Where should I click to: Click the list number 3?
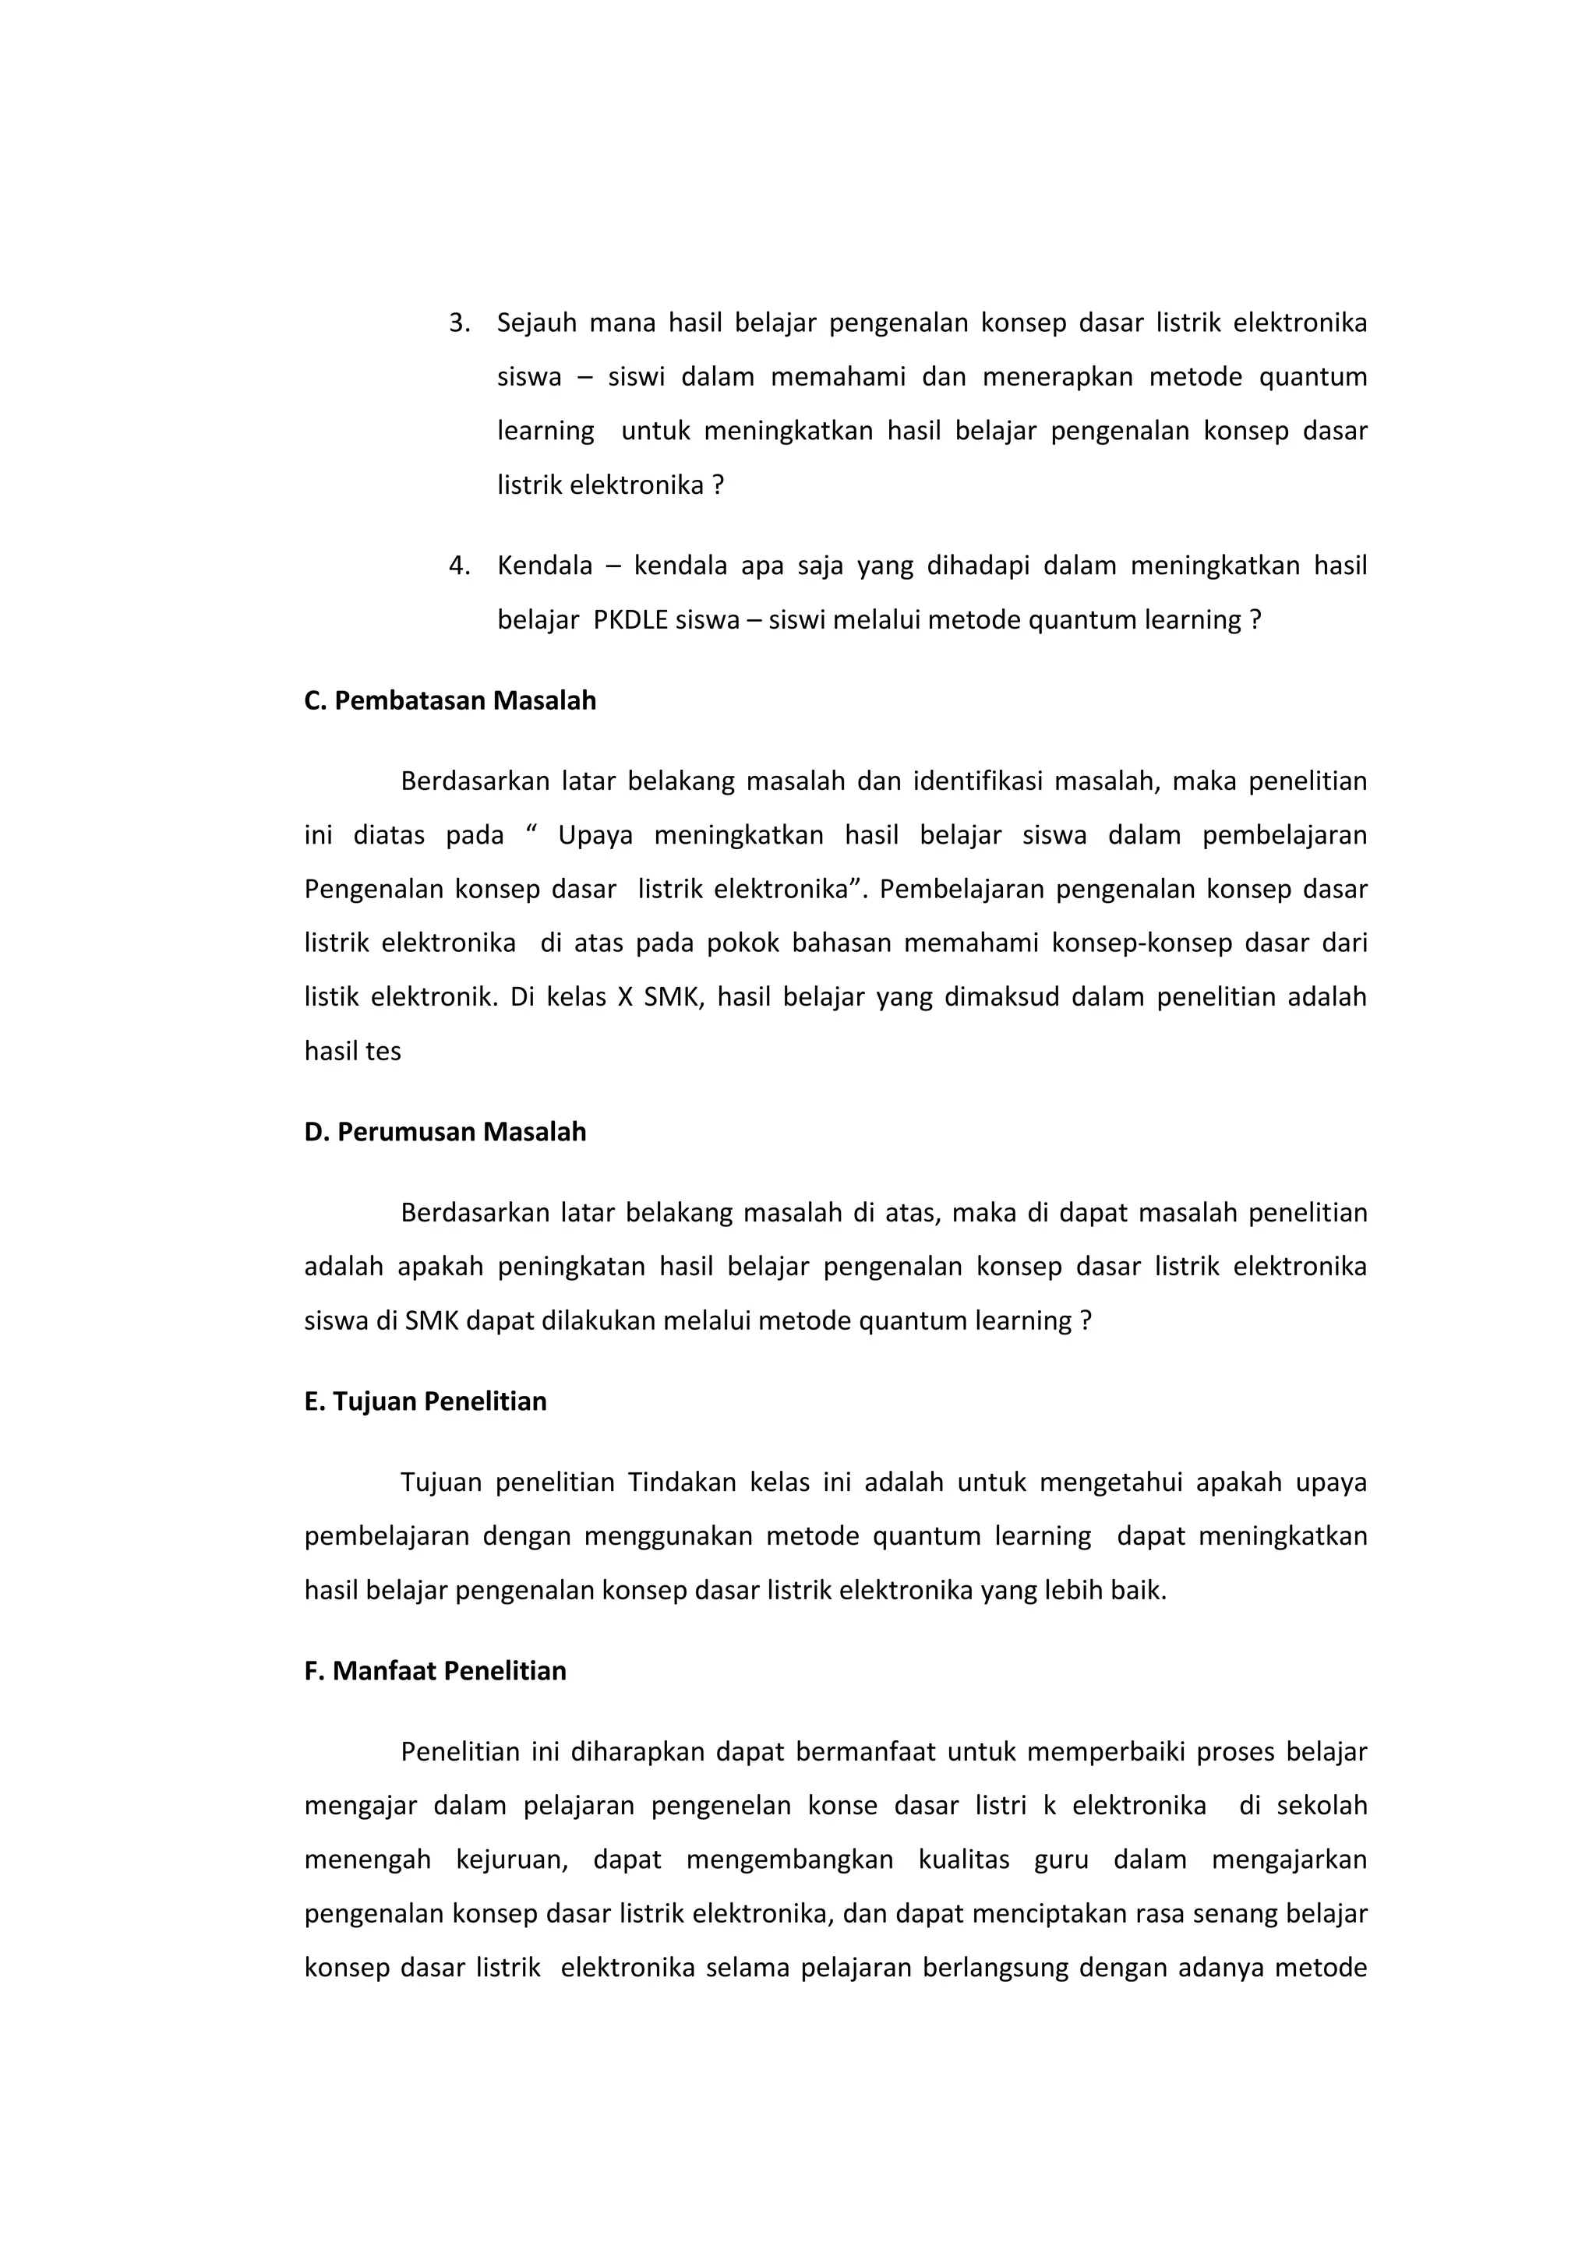pos(458,323)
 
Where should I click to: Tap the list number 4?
pos(458,566)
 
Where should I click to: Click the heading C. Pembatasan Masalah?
pos(450,700)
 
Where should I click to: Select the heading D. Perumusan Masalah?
pos(445,1132)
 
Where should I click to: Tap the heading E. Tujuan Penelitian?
pos(425,1401)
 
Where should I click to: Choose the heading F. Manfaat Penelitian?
pos(436,1672)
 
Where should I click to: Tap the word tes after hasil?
pos(383,1052)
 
